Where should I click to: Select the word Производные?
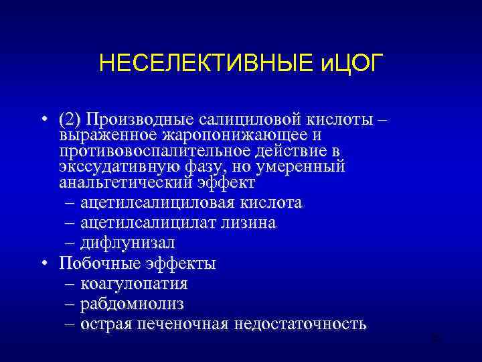pos(137,120)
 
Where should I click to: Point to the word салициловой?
pos(241,120)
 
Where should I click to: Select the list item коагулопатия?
pos(134,284)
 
